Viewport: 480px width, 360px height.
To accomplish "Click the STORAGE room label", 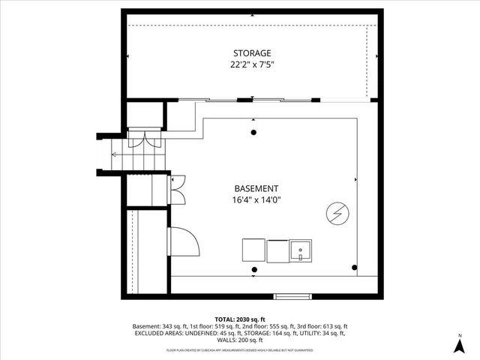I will coord(250,53).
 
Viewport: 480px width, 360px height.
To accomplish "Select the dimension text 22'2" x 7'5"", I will coord(250,64).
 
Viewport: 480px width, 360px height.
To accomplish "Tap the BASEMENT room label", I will coord(256,188).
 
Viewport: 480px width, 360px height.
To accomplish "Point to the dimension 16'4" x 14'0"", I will coord(256,200).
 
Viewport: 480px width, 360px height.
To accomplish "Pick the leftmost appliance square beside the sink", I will coord(253,250).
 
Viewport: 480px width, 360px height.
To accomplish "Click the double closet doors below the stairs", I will coord(177,190).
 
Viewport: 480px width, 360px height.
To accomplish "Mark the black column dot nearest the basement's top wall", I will coord(253,133).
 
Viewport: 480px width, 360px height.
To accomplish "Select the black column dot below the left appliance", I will coord(254,269).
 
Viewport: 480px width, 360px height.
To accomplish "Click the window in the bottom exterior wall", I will coord(292,295).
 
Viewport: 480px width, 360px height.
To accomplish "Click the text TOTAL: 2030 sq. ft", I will coord(240,319).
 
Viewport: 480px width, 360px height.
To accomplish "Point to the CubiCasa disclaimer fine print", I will coord(240,350).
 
